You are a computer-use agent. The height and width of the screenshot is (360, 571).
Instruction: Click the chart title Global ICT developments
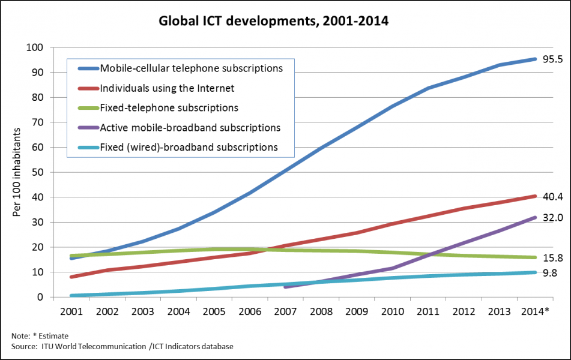tap(273, 22)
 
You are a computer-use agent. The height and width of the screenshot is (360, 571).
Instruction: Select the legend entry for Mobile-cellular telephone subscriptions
tap(191, 68)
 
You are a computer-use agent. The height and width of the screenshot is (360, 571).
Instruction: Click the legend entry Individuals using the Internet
tap(167, 88)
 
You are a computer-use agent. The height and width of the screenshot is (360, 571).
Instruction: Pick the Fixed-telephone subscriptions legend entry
tap(169, 108)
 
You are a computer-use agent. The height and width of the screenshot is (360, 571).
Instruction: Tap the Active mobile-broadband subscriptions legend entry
tap(190, 128)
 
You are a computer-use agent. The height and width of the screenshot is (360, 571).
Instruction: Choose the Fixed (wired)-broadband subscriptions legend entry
tap(189, 147)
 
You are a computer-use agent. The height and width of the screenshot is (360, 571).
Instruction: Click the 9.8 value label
tap(549, 272)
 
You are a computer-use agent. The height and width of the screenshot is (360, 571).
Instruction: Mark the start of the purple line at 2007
tap(285, 287)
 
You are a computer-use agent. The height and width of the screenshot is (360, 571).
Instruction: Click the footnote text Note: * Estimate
tap(40, 335)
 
